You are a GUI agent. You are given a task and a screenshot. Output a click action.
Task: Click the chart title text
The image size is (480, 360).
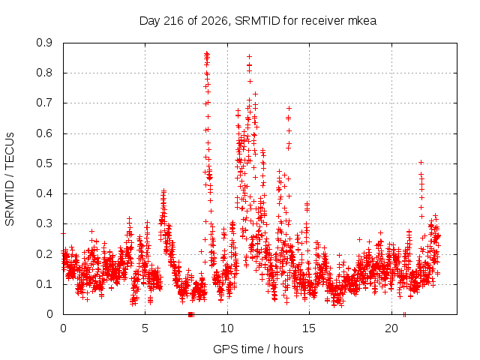coord(258,21)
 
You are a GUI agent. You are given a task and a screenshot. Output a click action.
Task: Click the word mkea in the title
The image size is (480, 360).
coord(362,21)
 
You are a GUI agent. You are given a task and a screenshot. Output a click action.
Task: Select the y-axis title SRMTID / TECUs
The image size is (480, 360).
coord(10,179)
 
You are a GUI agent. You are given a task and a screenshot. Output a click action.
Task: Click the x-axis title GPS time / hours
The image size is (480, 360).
coord(258,349)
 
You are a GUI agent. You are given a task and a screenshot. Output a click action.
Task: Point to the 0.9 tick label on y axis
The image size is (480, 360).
coord(44,43)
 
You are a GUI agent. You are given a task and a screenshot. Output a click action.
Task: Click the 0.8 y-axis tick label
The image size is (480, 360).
coord(44,73)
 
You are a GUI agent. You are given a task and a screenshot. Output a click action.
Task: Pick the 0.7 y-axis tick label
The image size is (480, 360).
coord(44,103)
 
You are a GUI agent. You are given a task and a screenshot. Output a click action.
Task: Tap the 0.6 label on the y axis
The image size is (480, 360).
coord(44,133)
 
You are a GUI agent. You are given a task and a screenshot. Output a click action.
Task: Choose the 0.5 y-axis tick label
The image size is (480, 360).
coord(44,163)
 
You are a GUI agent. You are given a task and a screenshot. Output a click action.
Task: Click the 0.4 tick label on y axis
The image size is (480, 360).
coord(44,193)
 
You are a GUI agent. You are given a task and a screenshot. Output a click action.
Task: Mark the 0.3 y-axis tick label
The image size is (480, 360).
coord(44,223)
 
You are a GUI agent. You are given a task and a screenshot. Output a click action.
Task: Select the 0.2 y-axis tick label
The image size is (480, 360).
coord(44,254)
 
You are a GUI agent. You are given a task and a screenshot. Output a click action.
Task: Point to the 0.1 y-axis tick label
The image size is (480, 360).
coord(44,284)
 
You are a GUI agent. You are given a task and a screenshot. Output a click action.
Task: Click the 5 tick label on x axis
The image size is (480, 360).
coord(145,328)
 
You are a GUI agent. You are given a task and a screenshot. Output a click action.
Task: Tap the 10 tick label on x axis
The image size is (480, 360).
coord(227,328)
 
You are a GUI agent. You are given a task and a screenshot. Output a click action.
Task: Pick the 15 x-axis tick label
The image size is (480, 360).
coord(309,328)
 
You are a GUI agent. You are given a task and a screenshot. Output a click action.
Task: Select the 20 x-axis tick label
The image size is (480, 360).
coord(391,328)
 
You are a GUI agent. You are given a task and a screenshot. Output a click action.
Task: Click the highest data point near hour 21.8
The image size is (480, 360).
coord(421,162)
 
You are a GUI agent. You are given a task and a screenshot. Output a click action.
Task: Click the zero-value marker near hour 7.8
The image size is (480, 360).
coord(190,314)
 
